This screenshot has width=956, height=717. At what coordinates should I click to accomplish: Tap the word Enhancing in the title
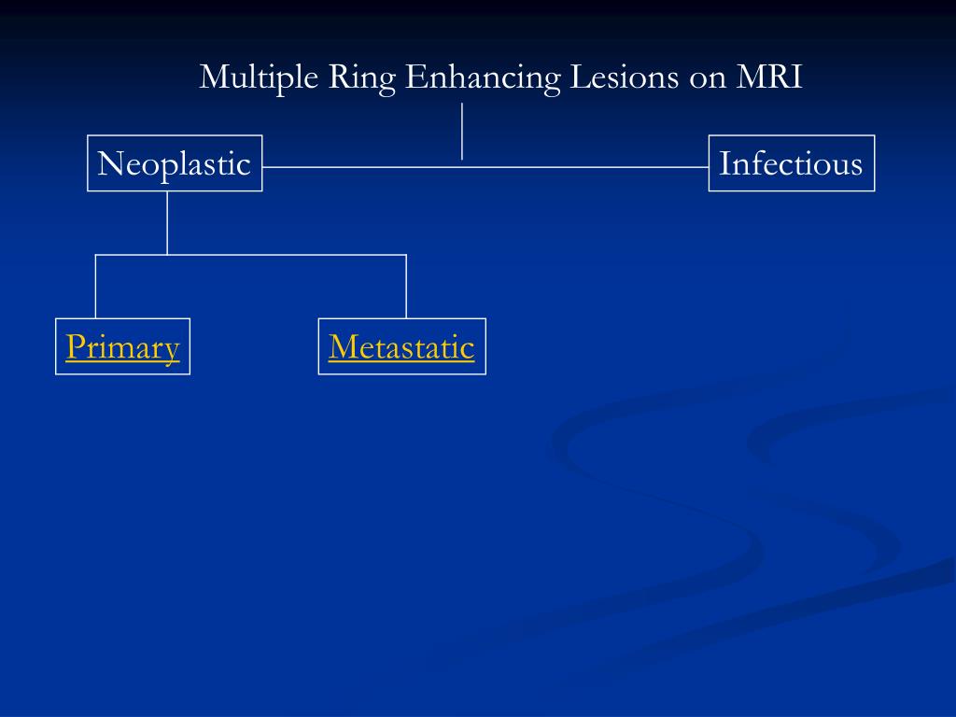pyautogui.click(x=483, y=77)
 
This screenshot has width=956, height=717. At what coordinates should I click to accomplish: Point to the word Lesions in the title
pyautogui.click(x=625, y=77)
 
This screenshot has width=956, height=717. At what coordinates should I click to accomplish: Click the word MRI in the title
pyautogui.click(x=769, y=77)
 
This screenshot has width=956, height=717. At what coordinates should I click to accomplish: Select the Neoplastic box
pyautogui.click(x=175, y=163)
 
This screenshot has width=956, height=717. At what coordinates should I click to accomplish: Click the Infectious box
pyautogui.click(x=791, y=163)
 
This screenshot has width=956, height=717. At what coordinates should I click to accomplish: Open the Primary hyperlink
pyautogui.click(x=122, y=347)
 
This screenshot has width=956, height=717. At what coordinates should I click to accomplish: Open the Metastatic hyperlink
pyautogui.click(x=401, y=347)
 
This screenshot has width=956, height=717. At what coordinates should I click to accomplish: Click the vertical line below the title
pyautogui.click(x=462, y=131)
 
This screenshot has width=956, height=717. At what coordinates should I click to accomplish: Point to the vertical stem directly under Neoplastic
pyautogui.click(x=167, y=222)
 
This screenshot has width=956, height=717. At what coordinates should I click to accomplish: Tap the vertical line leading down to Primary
pyautogui.click(x=95, y=286)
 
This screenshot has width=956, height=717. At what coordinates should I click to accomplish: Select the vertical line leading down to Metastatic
pyautogui.click(x=406, y=286)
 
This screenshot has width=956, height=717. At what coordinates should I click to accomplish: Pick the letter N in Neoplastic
pyautogui.click(x=109, y=164)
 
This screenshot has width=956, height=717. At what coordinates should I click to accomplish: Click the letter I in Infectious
pyautogui.click(x=724, y=164)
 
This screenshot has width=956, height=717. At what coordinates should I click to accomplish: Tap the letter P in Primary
pyautogui.click(x=75, y=347)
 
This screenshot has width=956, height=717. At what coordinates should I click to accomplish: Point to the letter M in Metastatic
pyautogui.click(x=341, y=347)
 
